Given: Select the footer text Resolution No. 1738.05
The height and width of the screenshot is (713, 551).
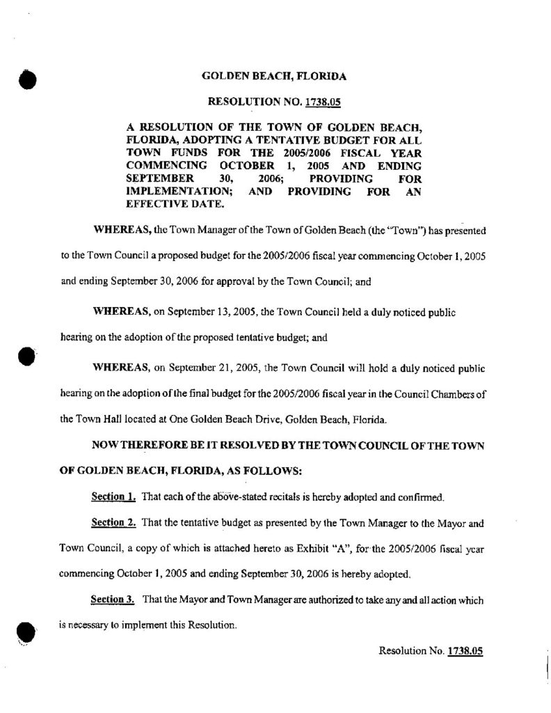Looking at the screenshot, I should point(431,650).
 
